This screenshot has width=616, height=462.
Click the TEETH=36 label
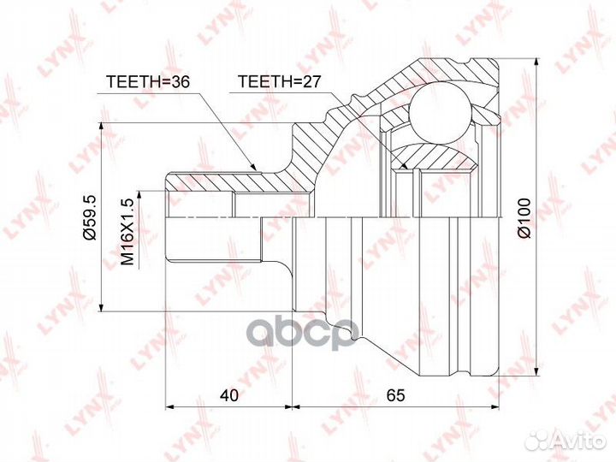tap(149, 82)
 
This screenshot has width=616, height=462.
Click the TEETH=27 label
tap(279, 81)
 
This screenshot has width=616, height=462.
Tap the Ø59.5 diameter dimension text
tap(90, 216)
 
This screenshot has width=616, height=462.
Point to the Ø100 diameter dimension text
tap(524, 217)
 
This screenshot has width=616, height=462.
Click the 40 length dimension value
tap(229, 395)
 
